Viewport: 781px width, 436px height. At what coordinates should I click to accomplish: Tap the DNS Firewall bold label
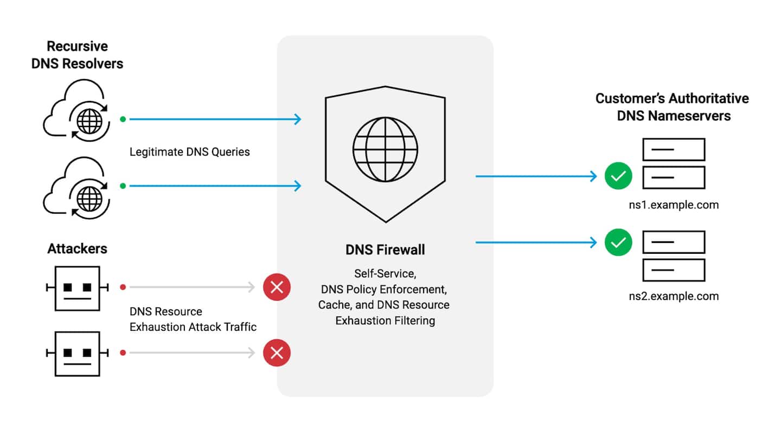(x=385, y=250)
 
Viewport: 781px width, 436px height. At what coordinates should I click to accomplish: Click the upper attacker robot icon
(x=78, y=287)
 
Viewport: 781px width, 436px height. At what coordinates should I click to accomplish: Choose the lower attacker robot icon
(x=78, y=353)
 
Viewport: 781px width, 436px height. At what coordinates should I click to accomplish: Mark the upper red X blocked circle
(x=277, y=287)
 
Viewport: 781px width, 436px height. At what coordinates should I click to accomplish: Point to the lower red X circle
(x=277, y=354)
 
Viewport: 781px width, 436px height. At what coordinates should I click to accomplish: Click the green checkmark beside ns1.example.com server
(x=618, y=176)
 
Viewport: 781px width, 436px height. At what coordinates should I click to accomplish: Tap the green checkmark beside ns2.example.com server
(x=618, y=242)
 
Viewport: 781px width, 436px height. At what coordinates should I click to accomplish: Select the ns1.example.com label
(x=671, y=205)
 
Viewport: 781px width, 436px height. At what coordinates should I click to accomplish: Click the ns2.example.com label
(x=671, y=296)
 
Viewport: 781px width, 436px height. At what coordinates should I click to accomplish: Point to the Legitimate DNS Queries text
(x=189, y=152)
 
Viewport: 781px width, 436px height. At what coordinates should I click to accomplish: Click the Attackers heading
(x=77, y=249)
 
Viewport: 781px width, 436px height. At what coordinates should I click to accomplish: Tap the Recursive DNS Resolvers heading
(x=77, y=55)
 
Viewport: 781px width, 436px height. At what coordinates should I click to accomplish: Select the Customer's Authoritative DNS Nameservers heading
(x=673, y=107)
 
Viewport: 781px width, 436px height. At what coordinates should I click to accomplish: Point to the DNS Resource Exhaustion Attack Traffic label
(x=193, y=319)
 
